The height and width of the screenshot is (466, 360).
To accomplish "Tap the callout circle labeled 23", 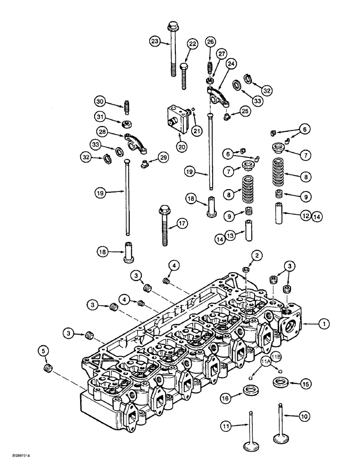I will tap(155, 41).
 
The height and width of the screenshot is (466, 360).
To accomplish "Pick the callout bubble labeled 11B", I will tap(276, 357).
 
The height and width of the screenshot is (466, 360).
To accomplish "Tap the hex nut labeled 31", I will tap(125, 124).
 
